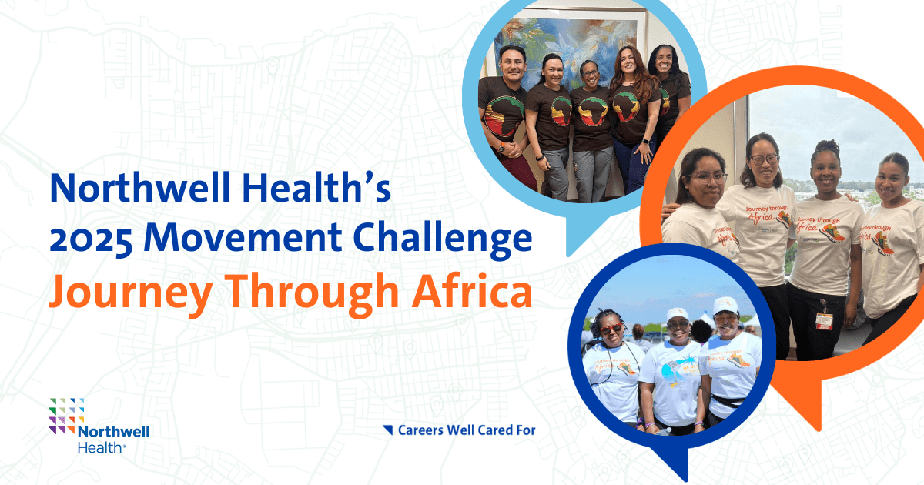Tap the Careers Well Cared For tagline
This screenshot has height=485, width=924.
pos(466,430)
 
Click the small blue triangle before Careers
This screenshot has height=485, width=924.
pos(388,429)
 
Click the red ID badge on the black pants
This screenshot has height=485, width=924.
pos(823,319)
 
